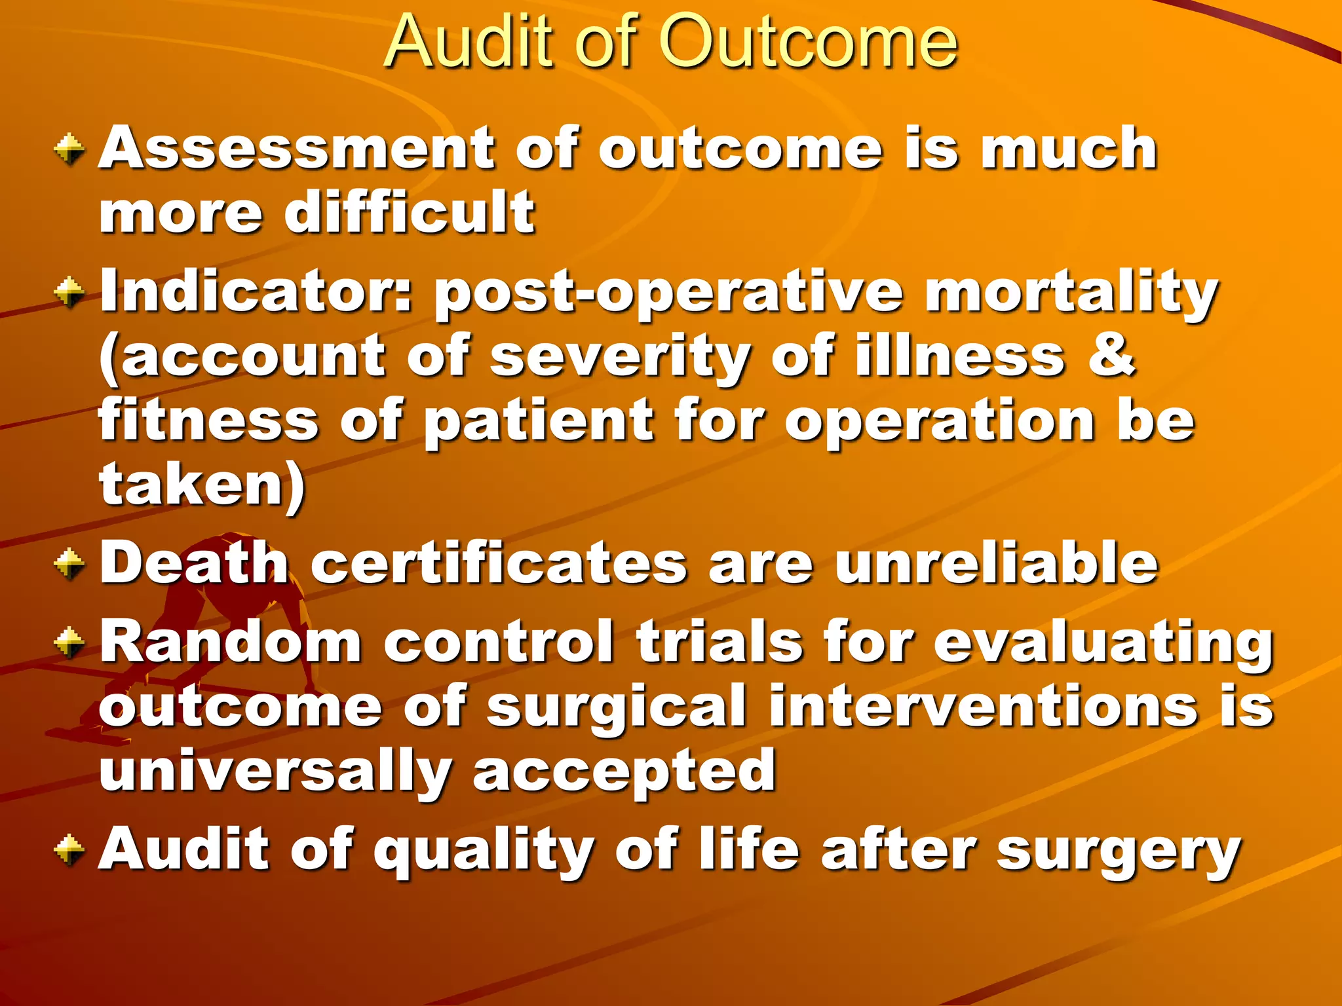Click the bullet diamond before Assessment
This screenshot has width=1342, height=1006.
pyautogui.click(x=69, y=149)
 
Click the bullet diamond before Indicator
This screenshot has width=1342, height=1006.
pyautogui.click(x=69, y=292)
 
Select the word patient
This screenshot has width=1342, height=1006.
pyautogui.click(x=539, y=422)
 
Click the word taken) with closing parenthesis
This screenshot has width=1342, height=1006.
pyautogui.click(x=202, y=485)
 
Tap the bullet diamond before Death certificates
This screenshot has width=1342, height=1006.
pyautogui.click(x=69, y=563)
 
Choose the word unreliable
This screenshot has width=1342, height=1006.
pyautogui.click(x=996, y=563)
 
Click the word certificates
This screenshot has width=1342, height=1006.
pyautogui.click(x=499, y=563)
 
